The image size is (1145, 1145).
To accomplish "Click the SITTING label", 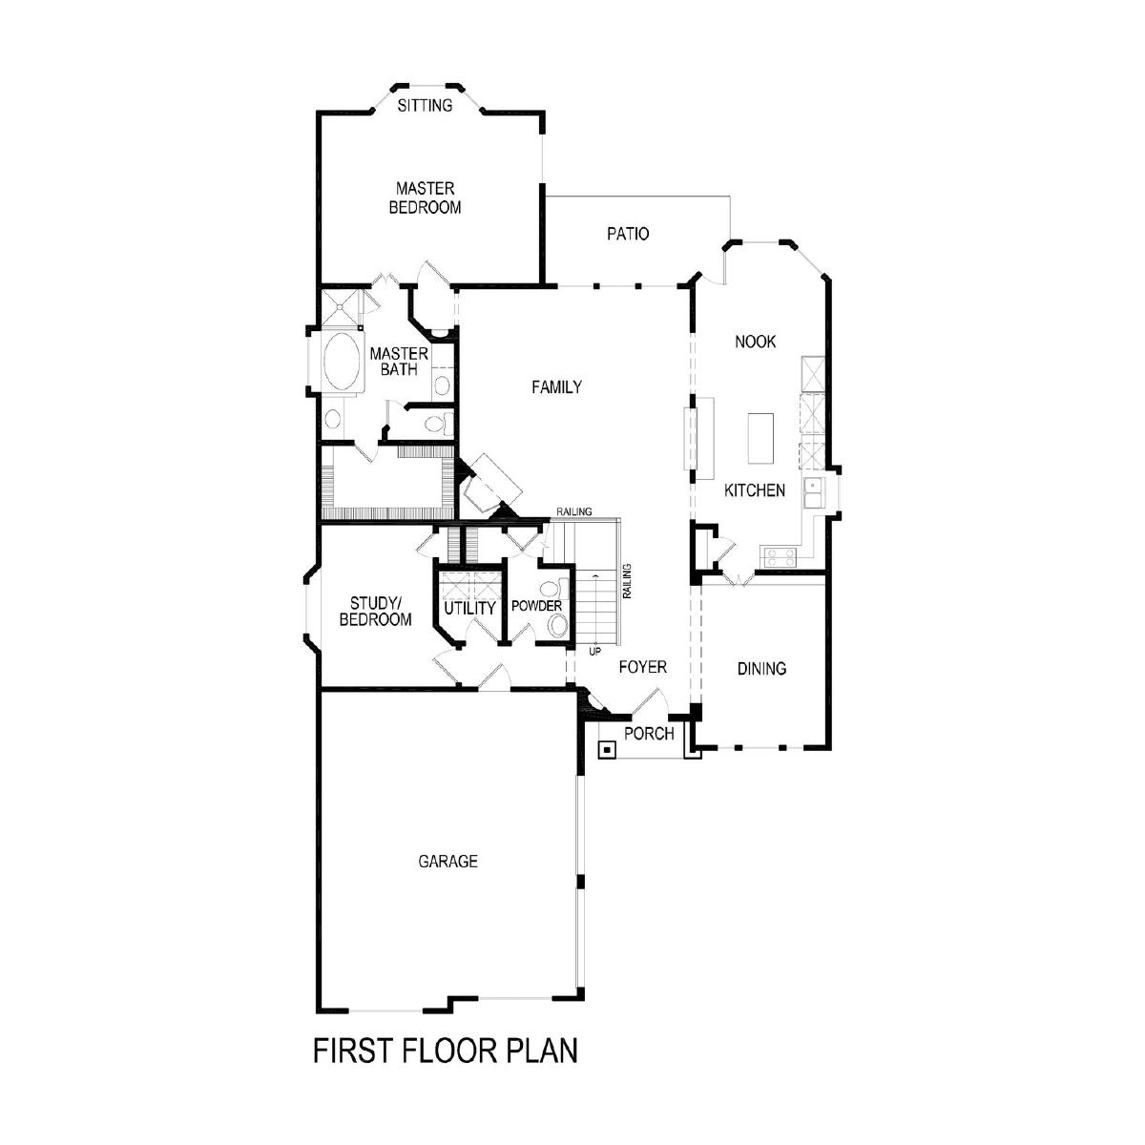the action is pos(425,106).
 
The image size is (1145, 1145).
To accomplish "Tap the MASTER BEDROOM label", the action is pos(425,198).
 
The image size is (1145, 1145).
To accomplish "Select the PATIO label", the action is pos(628,234).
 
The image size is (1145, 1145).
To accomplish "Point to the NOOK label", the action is pos(755,342).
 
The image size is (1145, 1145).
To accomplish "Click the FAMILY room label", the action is pos(556,387).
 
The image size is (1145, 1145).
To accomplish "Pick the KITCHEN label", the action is pos(755,490).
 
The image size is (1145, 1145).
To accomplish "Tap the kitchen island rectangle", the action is pos(760,438).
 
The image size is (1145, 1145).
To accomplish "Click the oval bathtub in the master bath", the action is pos(342,362).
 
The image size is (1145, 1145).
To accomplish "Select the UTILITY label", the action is pos(470,609).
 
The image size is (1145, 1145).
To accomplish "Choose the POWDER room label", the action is pos(536,606).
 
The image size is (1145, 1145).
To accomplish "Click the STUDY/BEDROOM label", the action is pos(376,612).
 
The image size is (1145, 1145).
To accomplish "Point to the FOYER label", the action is pos(643,667).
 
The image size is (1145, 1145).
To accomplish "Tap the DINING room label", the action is pos(761,669).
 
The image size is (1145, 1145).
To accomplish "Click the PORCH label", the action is pos(649,734).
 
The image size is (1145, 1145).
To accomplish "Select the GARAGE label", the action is pos(448,861).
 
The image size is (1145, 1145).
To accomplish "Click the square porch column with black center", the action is pos(607,750).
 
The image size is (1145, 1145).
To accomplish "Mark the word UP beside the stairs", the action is pos(594,652).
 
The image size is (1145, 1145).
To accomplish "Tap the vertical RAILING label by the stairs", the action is pos(628,580).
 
